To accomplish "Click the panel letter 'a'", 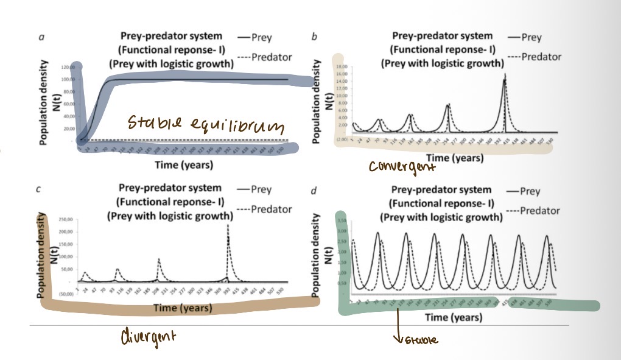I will [x=41, y=38].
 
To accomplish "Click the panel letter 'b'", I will [x=314, y=38].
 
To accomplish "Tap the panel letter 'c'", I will [x=39, y=189].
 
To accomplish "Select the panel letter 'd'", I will [x=313, y=191].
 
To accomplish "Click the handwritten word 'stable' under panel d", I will [x=420, y=340].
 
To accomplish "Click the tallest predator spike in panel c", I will [x=228, y=227].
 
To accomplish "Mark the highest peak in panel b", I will [x=505, y=76].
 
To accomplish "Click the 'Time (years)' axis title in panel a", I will [x=183, y=164].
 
